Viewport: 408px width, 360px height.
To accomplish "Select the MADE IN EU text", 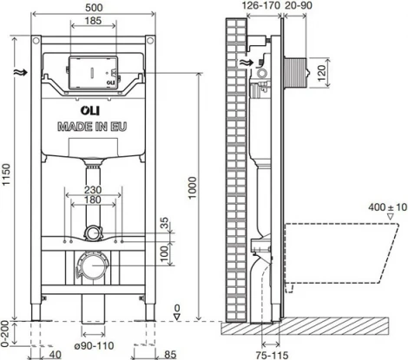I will (93, 127).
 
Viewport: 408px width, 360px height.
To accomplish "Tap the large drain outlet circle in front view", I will (92, 264).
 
